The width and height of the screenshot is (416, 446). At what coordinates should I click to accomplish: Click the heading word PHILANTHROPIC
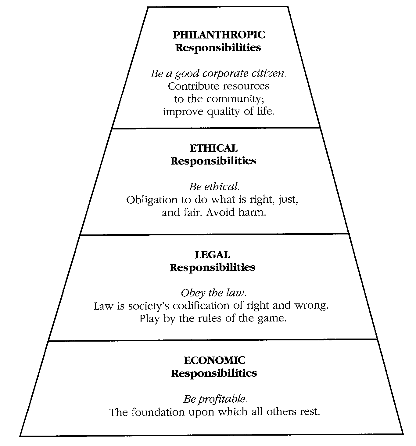point(219,35)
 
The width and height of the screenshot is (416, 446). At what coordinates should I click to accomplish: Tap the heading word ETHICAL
point(213,148)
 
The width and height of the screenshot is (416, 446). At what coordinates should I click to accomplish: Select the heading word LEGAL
point(212,255)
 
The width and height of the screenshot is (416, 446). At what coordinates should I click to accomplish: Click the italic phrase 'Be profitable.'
point(215,399)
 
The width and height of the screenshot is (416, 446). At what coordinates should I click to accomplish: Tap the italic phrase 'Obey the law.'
point(213,293)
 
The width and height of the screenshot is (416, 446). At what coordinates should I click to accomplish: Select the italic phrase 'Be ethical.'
point(212,187)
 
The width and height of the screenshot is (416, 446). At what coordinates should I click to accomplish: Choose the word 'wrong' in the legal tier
point(311,306)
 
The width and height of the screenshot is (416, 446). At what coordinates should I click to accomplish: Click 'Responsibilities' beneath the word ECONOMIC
point(214,373)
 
